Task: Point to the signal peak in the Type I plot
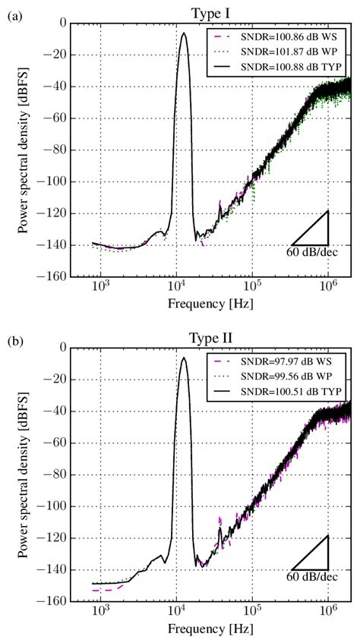[183, 33]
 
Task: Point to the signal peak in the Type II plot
[183, 358]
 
